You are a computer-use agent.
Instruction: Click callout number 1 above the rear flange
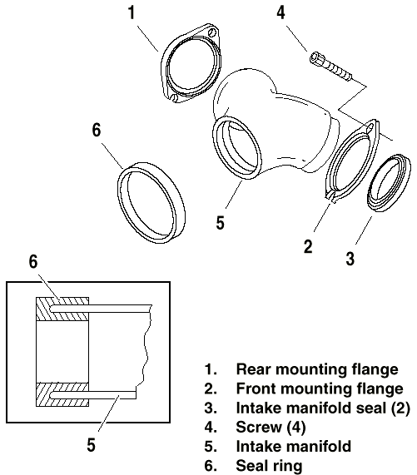(132, 12)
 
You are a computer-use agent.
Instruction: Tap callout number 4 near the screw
(281, 12)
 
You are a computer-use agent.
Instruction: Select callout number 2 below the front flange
(308, 246)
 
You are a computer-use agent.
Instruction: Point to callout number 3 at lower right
(350, 259)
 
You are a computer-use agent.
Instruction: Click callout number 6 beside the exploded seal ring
(96, 131)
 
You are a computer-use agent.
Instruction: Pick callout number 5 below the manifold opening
(220, 223)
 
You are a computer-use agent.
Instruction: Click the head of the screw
(317, 58)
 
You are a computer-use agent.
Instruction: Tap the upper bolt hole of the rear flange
(213, 32)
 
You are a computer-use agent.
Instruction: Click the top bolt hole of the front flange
(370, 126)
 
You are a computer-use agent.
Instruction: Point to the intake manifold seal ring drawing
(390, 183)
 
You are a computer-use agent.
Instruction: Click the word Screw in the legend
(259, 427)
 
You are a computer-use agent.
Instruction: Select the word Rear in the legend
(254, 369)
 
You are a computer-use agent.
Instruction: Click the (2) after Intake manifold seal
(400, 408)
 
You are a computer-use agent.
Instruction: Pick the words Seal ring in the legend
(269, 466)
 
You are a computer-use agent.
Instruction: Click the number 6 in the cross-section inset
(33, 261)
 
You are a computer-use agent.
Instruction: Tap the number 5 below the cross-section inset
(92, 445)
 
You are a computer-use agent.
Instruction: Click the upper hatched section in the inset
(62, 309)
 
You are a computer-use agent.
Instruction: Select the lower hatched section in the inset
(62, 394)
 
